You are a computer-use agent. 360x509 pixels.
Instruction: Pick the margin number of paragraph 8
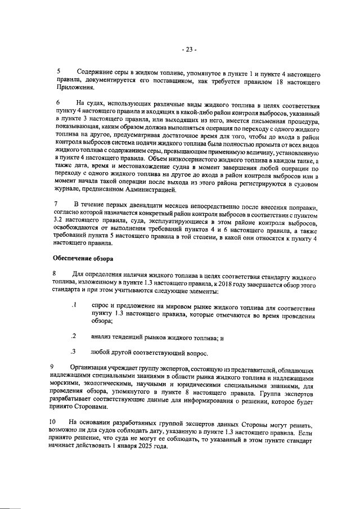tap(54, 273)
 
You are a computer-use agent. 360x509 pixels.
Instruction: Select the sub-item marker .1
tap(73, 305)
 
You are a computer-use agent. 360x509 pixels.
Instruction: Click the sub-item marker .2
tap(73, 336)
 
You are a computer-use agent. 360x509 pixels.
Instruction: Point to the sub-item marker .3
tap(73, 353)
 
